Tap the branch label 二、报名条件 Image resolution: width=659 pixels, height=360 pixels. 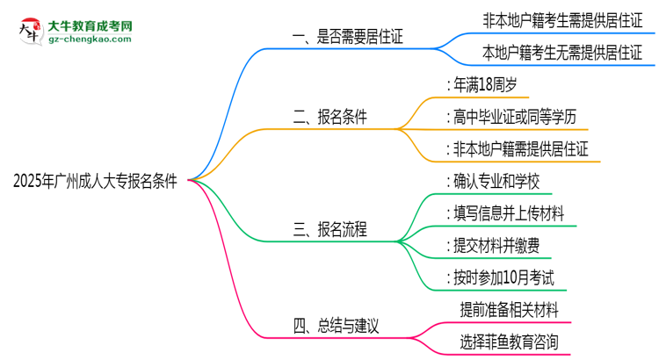click(x=329, y=117)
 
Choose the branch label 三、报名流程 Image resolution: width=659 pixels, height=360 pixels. click(x=329, y=230)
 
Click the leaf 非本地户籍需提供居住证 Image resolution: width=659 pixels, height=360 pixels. click(x=518, y=148)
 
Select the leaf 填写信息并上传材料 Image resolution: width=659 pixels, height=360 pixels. click(x=505, y=213)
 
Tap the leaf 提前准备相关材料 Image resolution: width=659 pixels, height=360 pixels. click(x=509, y=309)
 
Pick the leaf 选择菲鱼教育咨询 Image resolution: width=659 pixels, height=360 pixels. click(x=509, y=342)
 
